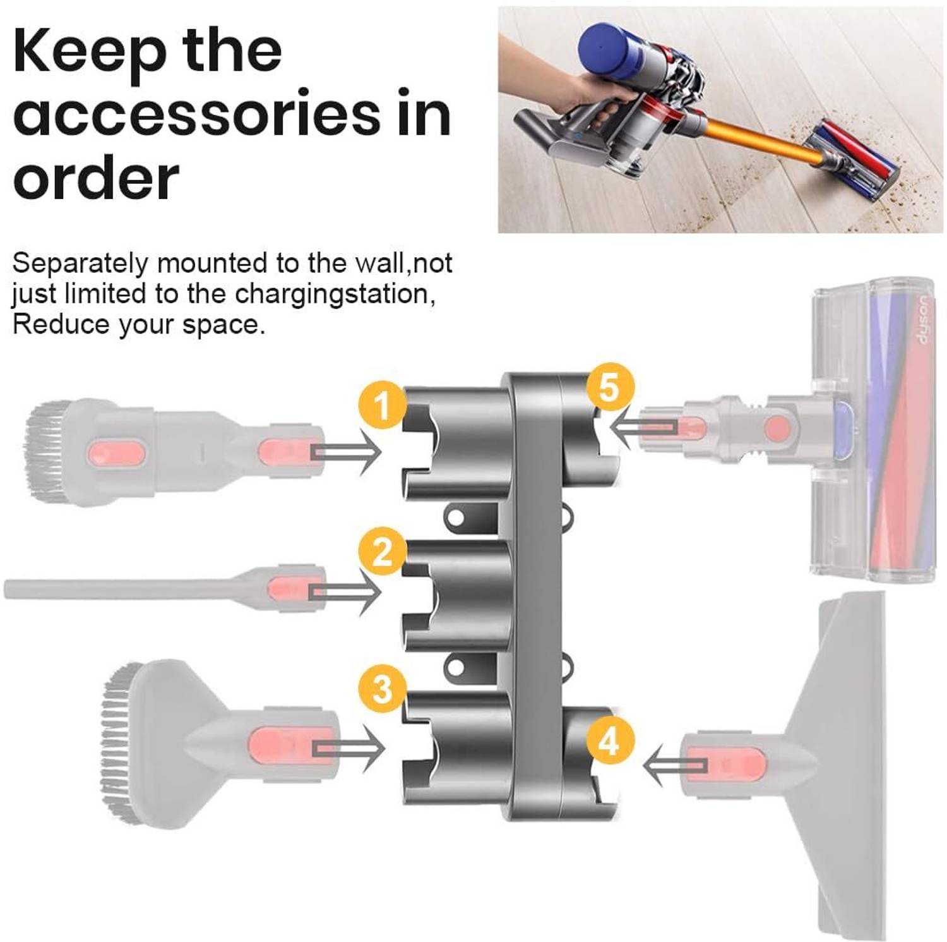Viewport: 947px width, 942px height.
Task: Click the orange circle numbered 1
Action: [383, 405]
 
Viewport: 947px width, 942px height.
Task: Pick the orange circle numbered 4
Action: [609, 740]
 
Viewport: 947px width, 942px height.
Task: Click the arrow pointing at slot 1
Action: [347, 451]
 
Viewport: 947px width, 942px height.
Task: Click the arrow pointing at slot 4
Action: [674, 765]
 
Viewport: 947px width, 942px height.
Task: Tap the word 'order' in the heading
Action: [96, 178]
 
